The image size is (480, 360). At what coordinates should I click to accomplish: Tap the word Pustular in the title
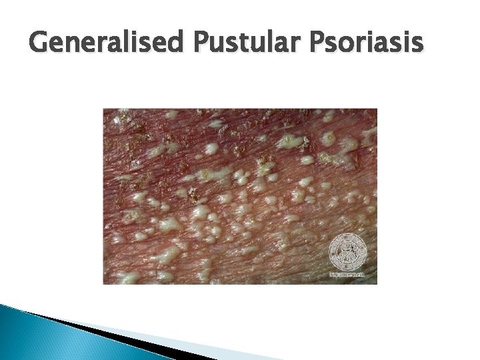coord(244,44)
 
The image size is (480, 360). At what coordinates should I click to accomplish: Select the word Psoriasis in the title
coord(365,44)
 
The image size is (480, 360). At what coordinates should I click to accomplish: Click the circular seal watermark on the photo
coord(349,252)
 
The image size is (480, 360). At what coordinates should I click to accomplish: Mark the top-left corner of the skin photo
coord(104,109)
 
